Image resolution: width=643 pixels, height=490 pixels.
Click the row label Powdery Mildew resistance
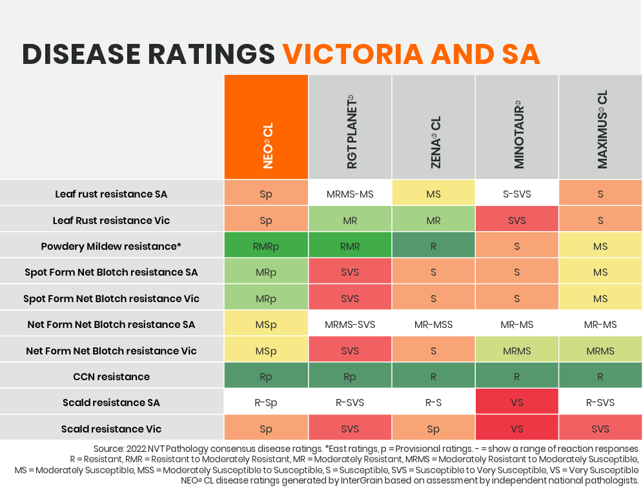[x=110, y=246]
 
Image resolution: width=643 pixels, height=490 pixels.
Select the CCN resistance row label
[x=111, y=376]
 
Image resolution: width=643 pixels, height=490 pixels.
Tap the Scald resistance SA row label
[x=111, y=402]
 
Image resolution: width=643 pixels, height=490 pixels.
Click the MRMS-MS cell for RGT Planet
[x=350, y=194]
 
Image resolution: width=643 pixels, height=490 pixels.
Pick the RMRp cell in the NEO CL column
[x=266, y=246]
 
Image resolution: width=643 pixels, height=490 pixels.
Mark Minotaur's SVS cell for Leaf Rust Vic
[x=517, y=220]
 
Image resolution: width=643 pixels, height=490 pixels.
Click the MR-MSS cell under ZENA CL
[x=433, y=324]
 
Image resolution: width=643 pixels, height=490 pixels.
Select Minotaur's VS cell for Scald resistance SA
[x=517, y=402]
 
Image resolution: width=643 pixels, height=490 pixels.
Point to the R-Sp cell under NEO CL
[x=266, y=402]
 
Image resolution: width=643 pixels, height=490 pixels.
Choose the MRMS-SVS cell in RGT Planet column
[x=350, y=324]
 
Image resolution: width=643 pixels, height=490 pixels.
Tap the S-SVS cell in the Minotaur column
[x=517, y=194]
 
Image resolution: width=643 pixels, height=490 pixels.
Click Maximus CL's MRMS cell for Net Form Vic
[x=600, y=351]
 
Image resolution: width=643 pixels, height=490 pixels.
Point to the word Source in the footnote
[x=108, y=448]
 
